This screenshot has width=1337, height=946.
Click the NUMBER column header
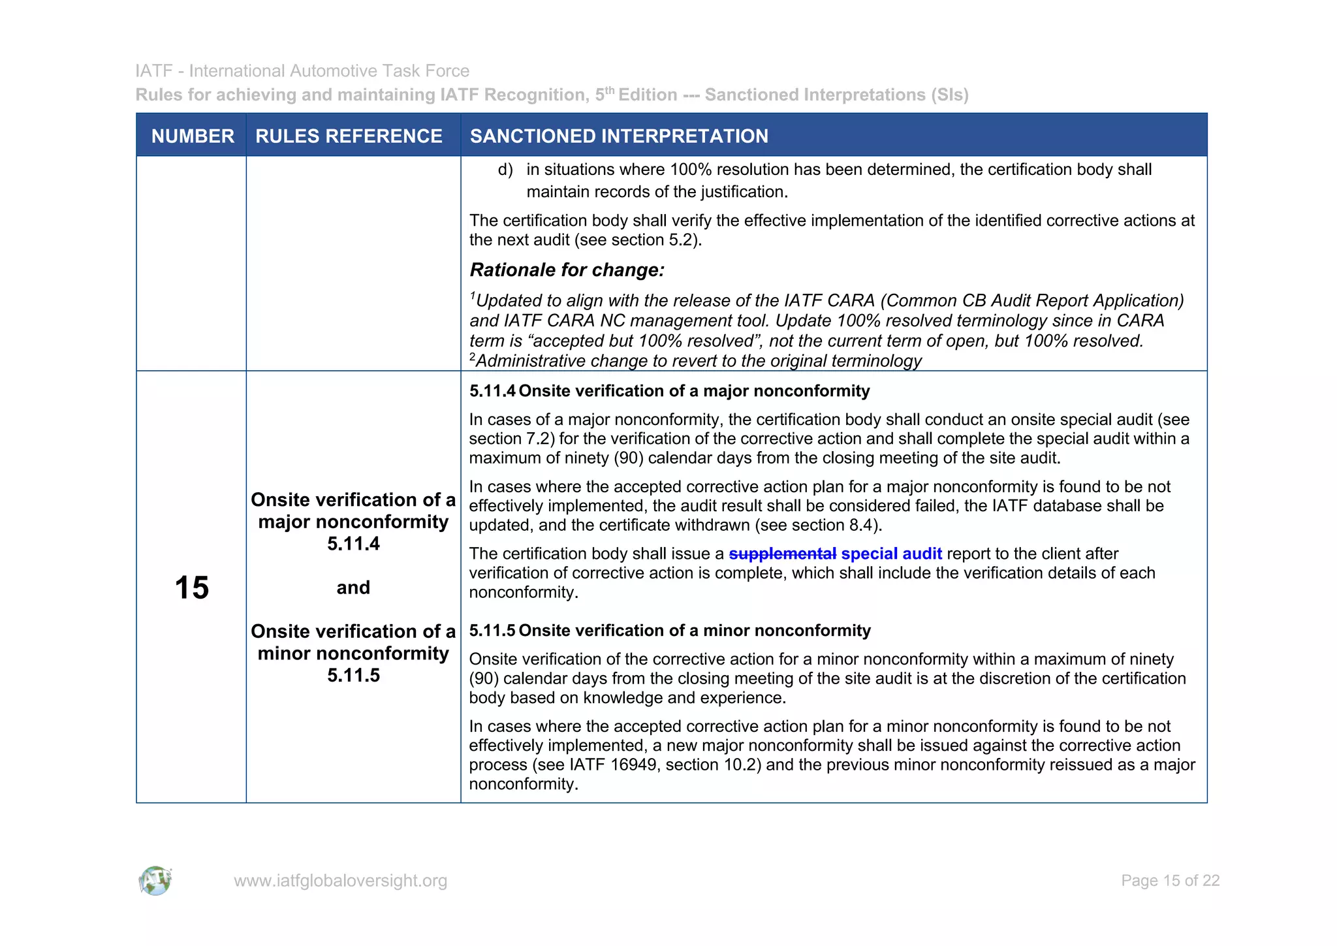point(192,136)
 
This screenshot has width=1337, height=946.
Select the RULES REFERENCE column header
point(349,136)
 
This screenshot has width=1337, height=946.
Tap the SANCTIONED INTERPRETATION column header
point(619,136)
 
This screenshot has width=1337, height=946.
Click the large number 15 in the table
point(191,588)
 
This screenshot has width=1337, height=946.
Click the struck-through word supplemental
point(782,554)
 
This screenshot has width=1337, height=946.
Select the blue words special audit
point(891,554)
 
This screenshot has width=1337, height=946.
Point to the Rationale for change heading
point(567,270)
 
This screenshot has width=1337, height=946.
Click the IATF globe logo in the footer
point(155,881)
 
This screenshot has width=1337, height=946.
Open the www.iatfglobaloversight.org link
point(340,881)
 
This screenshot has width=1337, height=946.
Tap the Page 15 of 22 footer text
point(1170,881)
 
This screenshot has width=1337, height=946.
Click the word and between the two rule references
point(353,588)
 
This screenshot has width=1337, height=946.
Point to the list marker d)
point(505,170)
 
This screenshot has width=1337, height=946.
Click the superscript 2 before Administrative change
point(473,357)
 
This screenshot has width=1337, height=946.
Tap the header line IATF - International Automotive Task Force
point(302,71)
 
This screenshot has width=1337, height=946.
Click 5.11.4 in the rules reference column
point(353,544)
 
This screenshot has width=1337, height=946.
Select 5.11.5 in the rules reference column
point(353,676)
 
